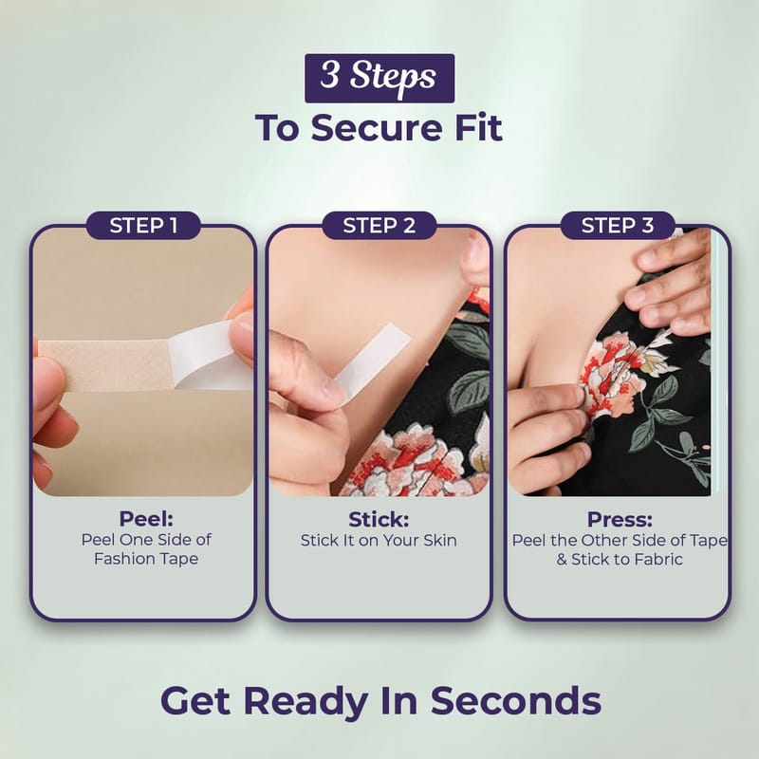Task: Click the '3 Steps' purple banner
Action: tap(379, 78)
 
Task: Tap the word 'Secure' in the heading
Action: tap(376, 128)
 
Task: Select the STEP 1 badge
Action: tap(143, 226)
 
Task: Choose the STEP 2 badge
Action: tap(379, 226)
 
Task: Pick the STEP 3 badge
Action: tap(618, 226)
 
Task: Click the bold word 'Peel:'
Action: tap(146, 519)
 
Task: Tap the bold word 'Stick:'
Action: tap(379, 519)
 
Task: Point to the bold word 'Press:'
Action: tap(620, 519)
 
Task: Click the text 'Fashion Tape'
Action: tap(146, 559)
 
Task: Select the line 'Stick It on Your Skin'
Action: tap(379, 540)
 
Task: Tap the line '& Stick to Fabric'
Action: tap(620, 559)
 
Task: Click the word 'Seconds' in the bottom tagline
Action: tap(516, 700)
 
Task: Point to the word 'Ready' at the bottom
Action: tap(305, 702)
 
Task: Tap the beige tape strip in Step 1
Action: tap(105, 364)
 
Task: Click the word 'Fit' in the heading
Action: tap(478, 128)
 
